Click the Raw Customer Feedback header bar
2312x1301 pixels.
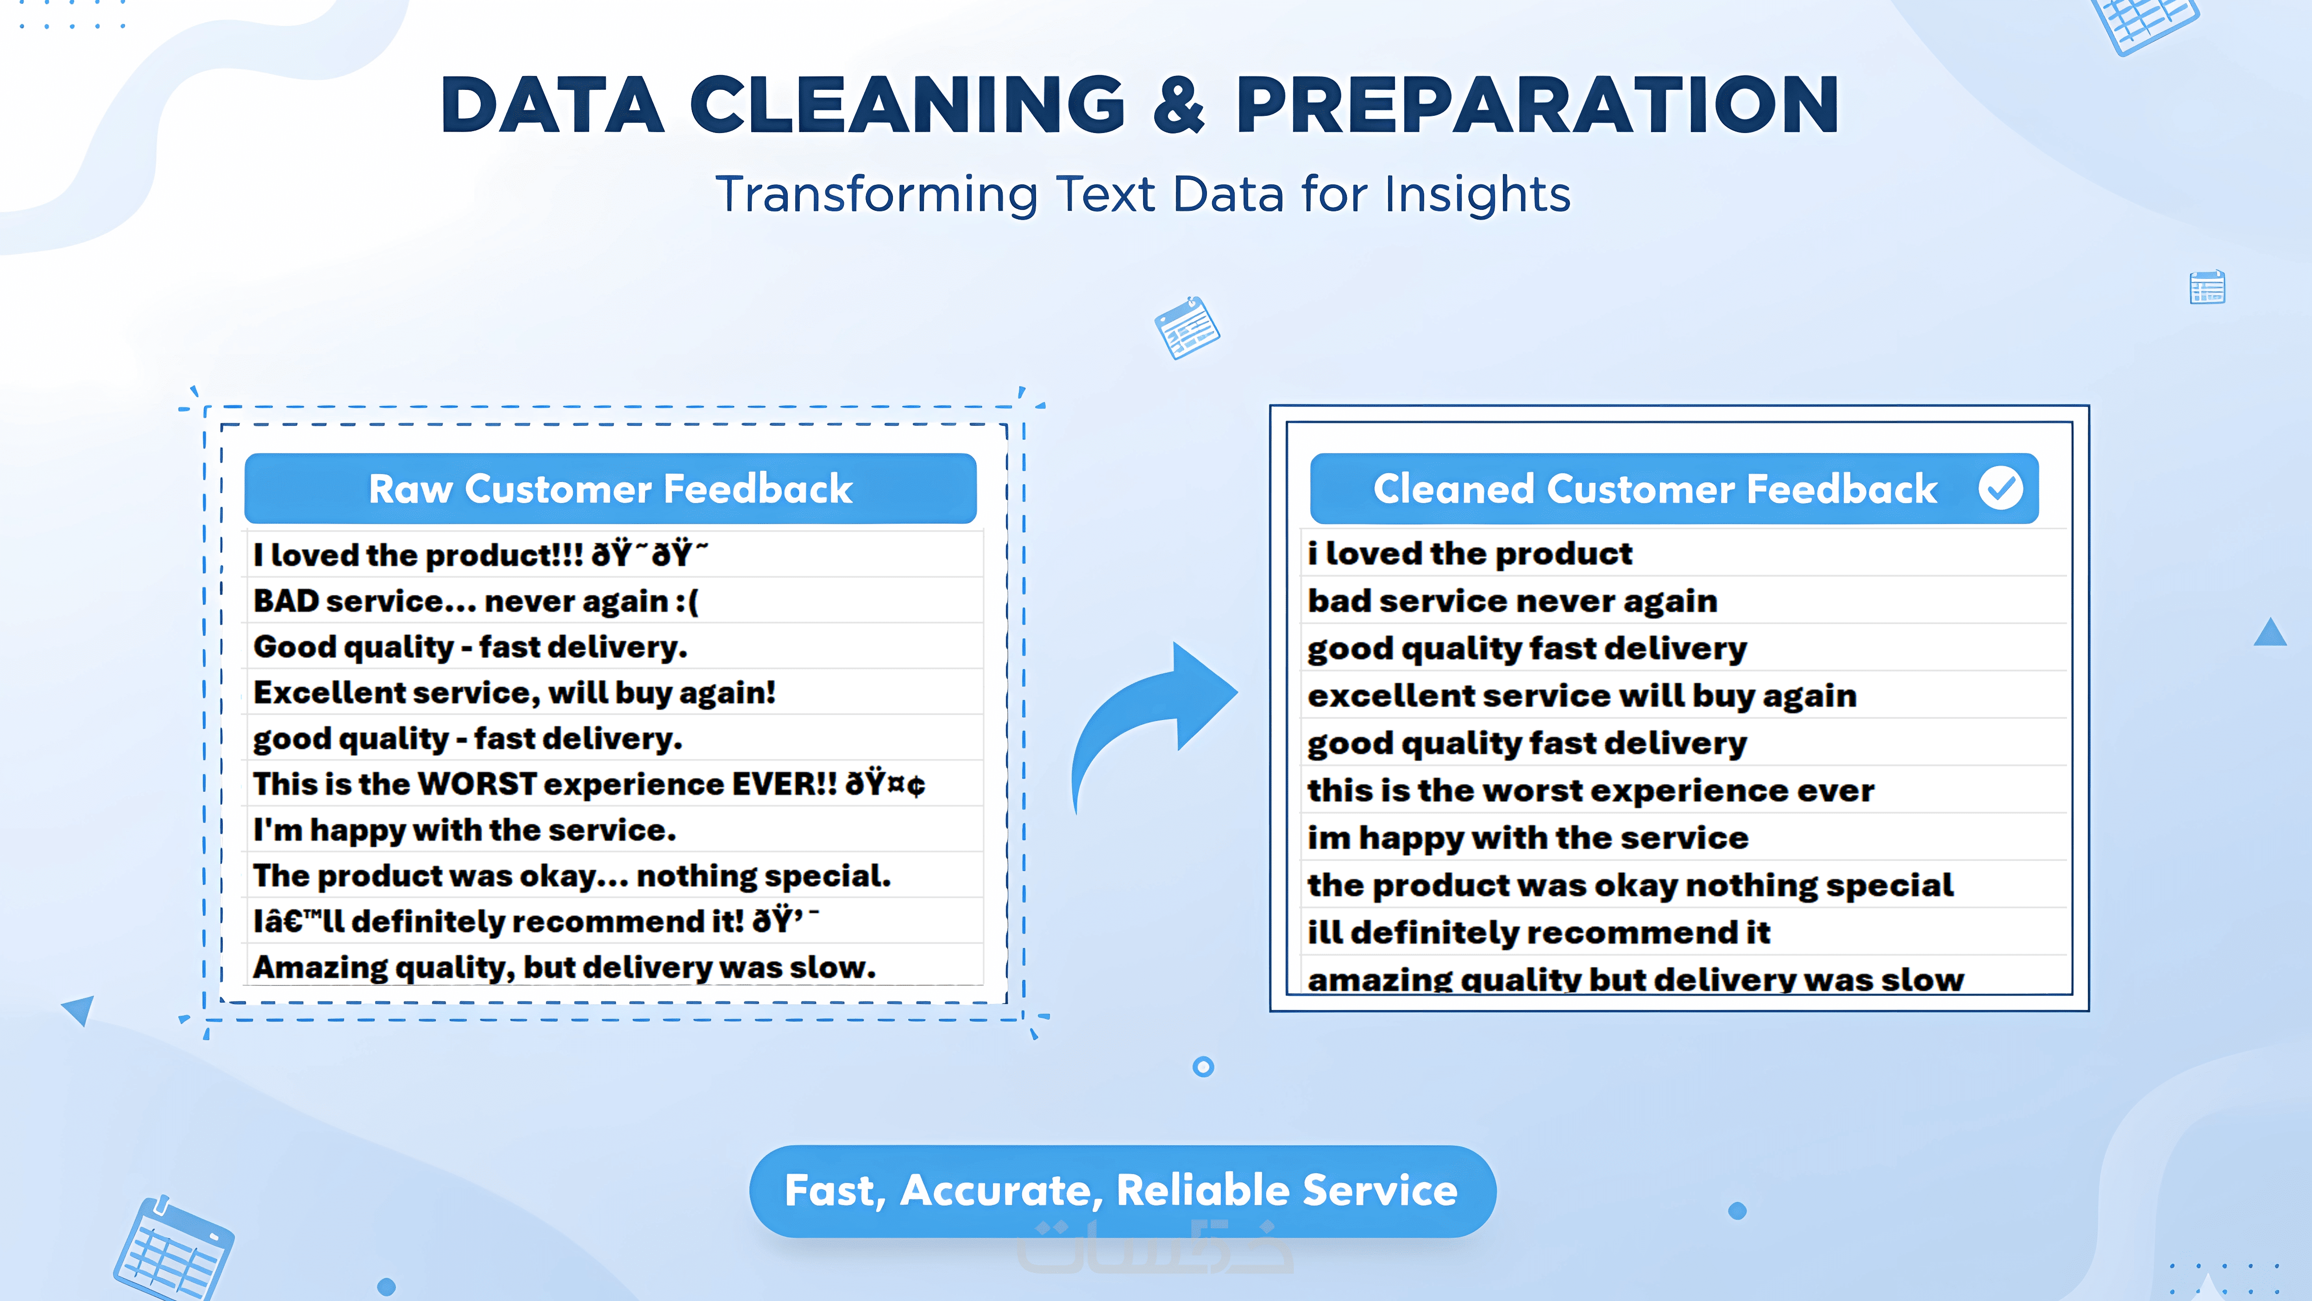(x=610, y=488)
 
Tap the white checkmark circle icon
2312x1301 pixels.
(x=2001, y=488)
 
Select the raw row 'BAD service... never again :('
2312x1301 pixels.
(x=476, y=600)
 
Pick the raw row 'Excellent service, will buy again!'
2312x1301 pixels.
(x=514, y=692)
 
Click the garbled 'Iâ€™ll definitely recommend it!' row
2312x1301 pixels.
(x=536, y=921)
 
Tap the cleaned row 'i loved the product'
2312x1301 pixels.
(x=1469, y=553)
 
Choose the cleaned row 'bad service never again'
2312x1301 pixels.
(x=1512, y=600)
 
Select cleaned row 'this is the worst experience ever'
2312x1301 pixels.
(x=1590, y=790)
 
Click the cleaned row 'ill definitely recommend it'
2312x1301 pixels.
(x=1539, y=932)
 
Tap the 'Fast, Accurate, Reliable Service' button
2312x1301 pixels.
(x=1122, y=1191)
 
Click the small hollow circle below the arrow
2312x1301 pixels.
(x=1204, y=1067)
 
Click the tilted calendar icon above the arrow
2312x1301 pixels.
(x=1187, y=328)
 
